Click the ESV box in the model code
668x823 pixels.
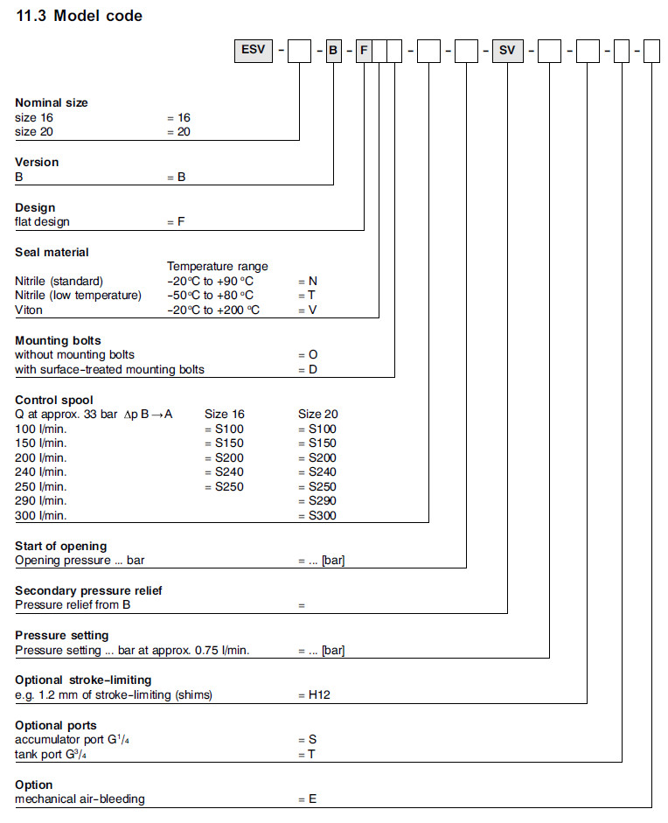tap(251, 52)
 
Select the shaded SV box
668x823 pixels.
tap(507, 52)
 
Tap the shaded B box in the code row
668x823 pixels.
tap(333, 52)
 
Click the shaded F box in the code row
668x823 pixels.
tap(364, 52)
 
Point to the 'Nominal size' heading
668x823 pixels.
tap(52, 102)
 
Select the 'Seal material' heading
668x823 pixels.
tap(52, 252)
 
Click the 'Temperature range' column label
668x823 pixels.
tap(218, 267)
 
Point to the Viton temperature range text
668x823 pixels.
tap(213, 310)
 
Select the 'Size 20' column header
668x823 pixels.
tap(318, 414)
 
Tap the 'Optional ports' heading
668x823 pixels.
tap(56, 725)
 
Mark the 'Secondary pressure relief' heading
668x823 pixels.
tap(88, 590)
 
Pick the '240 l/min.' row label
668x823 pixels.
tap(40, 472)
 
